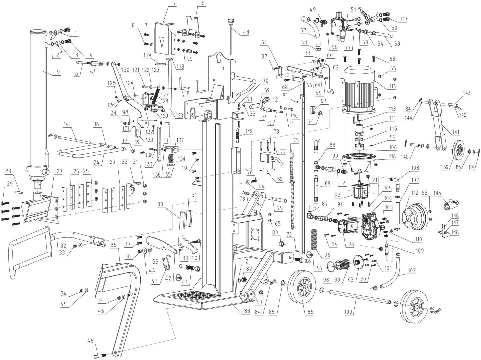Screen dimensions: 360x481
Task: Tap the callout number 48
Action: coord(246,32)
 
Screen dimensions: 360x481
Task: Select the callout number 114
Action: coord(392,86)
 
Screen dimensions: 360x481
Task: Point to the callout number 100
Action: coord(348,312)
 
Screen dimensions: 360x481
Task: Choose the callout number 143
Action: coord(466,93)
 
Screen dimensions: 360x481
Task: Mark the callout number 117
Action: coord(404,19)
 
